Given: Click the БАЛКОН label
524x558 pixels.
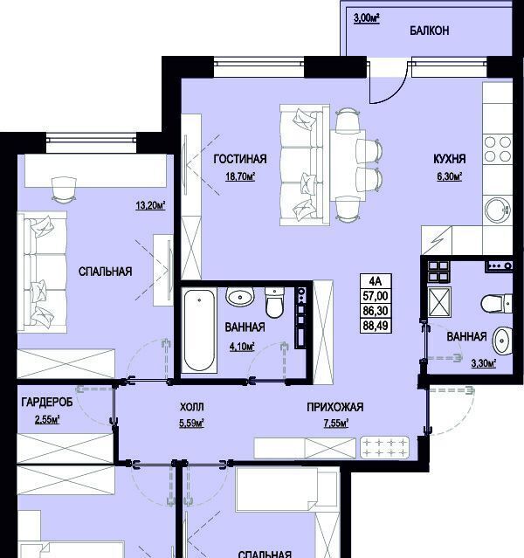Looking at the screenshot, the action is [x=429, y=31].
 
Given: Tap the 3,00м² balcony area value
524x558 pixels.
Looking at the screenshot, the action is [x=366, y=18].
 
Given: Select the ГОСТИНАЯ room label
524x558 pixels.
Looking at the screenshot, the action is [x=240, y=159].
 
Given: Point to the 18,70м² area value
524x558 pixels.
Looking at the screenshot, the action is [x=240, y=176].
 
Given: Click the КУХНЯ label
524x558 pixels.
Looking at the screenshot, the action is [x=450, y=159].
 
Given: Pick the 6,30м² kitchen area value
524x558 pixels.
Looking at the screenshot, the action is [x=450, y=176].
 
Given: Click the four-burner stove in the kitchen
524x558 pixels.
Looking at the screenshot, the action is [x=498, y=148].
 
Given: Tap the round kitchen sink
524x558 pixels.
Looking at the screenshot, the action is [x=497, y=210].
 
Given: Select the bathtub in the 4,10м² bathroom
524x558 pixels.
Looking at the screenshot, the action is [x=199, y=331].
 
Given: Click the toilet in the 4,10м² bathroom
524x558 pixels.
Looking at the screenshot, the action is [x=274, y=302].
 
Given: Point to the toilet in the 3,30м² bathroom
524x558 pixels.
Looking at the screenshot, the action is [x=496, y=304].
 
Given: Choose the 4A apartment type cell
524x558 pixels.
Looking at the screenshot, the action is [x=376, y=281].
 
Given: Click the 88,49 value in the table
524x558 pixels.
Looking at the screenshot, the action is [x=376, y=325].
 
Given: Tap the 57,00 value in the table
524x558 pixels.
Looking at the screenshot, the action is [x=376, y=296].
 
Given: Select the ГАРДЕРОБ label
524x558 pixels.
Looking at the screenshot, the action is [x=47, y=403].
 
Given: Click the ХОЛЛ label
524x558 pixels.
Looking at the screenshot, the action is [x=192, y=407].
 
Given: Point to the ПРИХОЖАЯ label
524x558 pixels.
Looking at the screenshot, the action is [x=335, y=407].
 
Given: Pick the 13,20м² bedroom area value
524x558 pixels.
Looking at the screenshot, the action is [x=150, y=205].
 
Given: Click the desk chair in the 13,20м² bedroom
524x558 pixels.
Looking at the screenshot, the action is [x=64, y=190].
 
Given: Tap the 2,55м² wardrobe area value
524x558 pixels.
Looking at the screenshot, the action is [x=47, y=420].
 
